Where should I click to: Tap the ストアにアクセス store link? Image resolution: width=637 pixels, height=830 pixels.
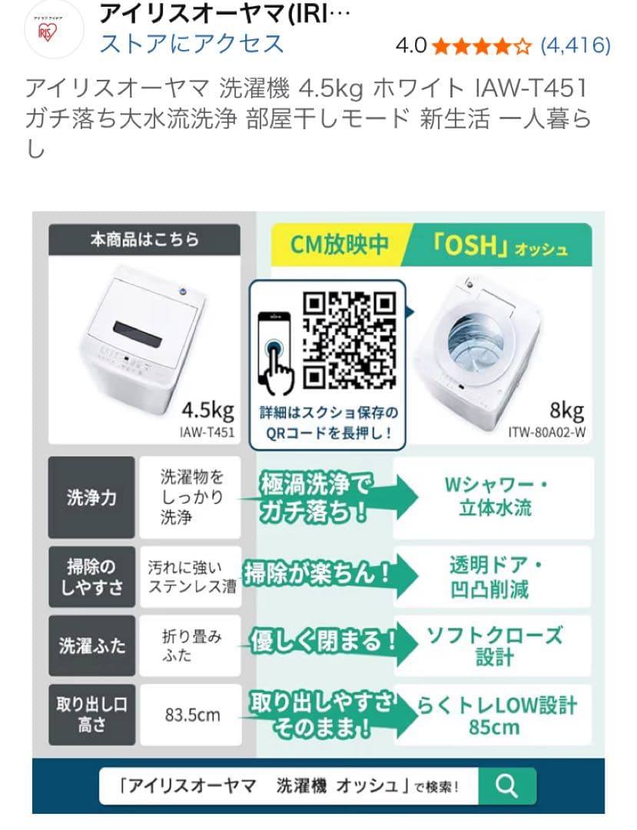click(192, 44)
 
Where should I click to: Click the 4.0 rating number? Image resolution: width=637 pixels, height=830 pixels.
click(410, 46)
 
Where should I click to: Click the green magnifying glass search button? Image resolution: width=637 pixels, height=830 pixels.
click(506, 785)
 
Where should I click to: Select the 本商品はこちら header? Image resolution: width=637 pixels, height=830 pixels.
click(144, 240)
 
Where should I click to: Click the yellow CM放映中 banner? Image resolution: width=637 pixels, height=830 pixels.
click(339, 244)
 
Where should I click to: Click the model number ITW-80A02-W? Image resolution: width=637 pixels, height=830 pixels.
click(547, 432)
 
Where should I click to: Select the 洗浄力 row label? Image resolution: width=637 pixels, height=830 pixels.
click(91, 498)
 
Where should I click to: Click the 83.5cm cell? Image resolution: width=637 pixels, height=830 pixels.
click(192, 715)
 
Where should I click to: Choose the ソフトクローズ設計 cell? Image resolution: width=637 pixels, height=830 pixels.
click(493, 646)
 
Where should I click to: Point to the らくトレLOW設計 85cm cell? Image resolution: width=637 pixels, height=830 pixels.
click(495, 715)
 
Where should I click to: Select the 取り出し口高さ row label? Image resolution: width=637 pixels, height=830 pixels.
click(91, 715)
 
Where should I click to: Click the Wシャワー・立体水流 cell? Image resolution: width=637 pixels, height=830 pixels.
click(493, 497)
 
